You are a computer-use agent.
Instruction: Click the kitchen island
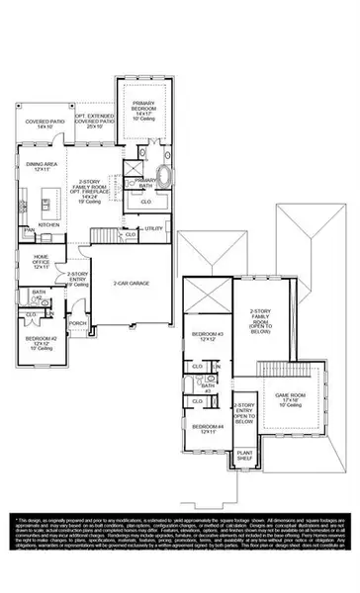pos(45,204)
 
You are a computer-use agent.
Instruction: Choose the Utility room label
pos(153,228)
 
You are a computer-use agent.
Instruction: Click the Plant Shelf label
pos(243,457)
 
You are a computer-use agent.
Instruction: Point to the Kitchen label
pos(47,224)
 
